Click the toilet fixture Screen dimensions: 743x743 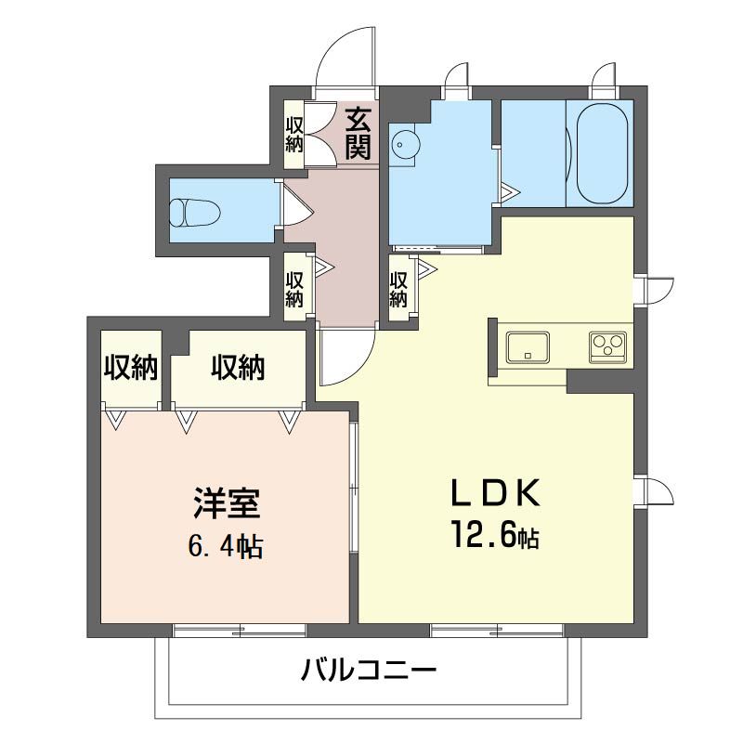196,211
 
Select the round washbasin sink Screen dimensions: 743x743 402,146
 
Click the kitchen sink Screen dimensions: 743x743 528,347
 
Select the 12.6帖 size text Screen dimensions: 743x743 497,536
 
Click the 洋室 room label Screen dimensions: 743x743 228,504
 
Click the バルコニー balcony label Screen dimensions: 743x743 368,669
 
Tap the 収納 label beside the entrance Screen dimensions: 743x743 294,134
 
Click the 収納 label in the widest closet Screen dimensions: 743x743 238,368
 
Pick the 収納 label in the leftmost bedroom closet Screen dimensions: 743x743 130,368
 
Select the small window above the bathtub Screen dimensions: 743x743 605,80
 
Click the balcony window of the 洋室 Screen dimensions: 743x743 239,631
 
